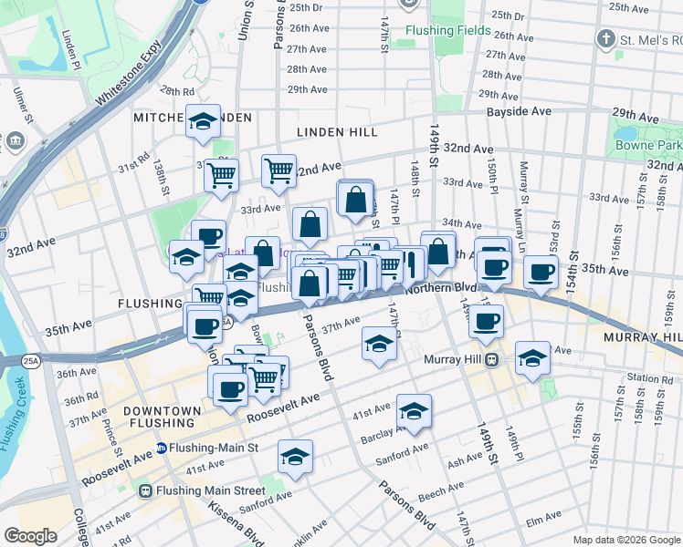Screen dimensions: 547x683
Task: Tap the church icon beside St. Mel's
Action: tap(604, 39)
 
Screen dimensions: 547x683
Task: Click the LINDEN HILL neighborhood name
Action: tap(337, 132)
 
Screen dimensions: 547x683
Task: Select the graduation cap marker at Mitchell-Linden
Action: tap(203, 121)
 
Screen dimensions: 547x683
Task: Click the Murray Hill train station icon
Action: tap(490, 359)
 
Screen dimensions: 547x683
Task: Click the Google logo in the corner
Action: tap(30, 535)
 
